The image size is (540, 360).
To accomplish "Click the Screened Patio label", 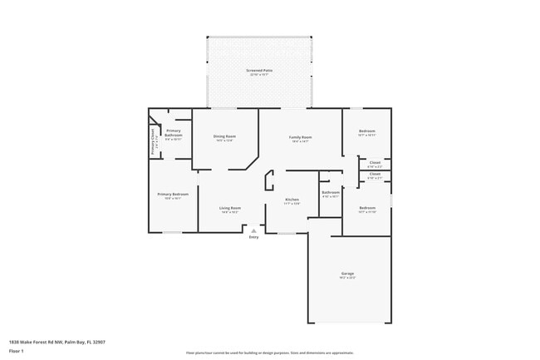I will pyautogui.click(x=259, y=71).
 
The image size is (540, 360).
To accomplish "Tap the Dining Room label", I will pyautogui.click(x=224, y=136).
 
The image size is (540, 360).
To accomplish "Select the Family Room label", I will pyautogui.click(x=300, y=136).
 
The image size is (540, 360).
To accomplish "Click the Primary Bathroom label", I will pyautogui.click(x=174, y=131).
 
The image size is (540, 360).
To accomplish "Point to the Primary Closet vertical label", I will pyautogui.click(x=153, y=142).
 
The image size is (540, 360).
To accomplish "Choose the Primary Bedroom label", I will pyautogui.click(x=173, y=195).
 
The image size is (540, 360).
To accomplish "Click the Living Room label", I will pyautogui.click(x=230, y=208).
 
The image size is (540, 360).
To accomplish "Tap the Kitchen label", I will pyautogui.click(x=292, y=200).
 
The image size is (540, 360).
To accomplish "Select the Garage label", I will pyautogui.click(x=347, y=274).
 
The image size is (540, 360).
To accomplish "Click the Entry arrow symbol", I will pyautogui.click(x=253, y=231).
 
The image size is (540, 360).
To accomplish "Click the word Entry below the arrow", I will pyautogui.click(x=253, y=238).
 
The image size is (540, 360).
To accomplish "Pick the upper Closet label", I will pyautogui.click(x=375, y=162).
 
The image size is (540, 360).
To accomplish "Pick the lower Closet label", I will pyautogui.click(x=375, y=174).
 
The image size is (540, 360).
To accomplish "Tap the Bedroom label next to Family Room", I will pyautogui.click(x=366, y=131).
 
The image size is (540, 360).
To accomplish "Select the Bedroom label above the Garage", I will pyautogui.click(x=367, y=208).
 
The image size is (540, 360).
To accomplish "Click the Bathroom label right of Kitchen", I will pyautogui.click(x=330, y=192).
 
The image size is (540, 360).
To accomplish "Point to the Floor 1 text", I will pyautogui.click(x=17, y=351).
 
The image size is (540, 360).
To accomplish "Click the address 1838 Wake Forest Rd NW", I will pyautogui.click(x=56, y=342).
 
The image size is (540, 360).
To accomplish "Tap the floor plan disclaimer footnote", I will pyautogui.click(x=270, y=353).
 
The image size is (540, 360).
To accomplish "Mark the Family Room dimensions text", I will pyautogui.click(x=300, y=141).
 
